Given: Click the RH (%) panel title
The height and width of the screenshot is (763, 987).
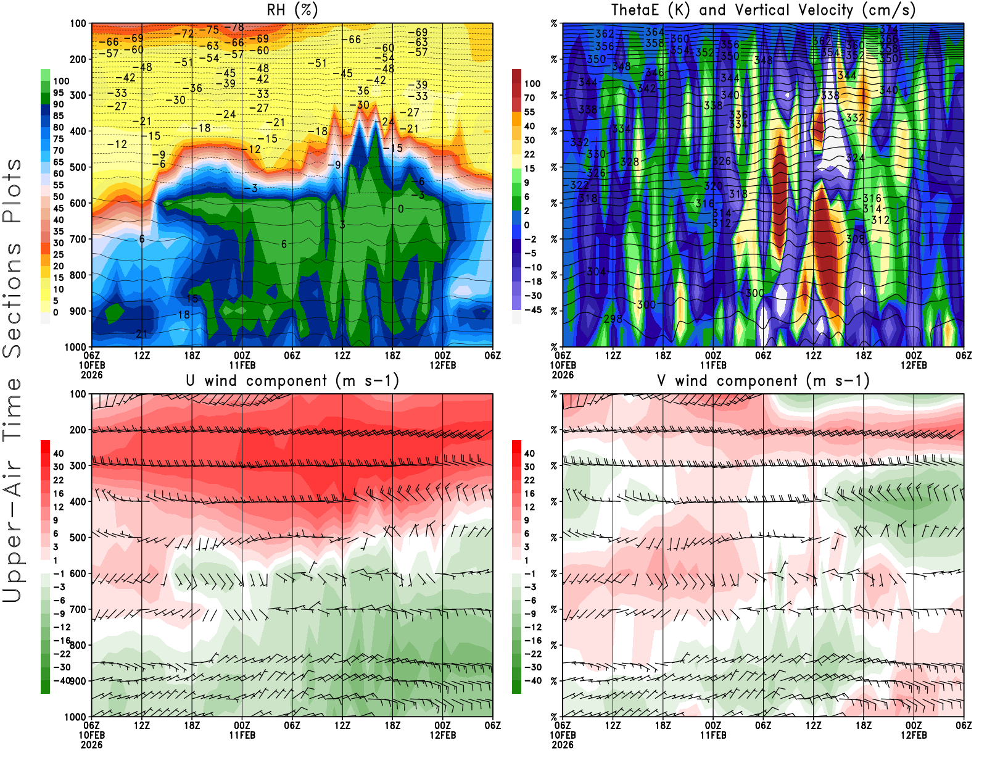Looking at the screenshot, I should pos(292,10).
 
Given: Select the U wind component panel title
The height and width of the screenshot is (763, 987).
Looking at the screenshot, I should pos(292,381).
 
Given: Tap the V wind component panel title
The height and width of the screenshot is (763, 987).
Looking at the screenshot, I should pos(763,381).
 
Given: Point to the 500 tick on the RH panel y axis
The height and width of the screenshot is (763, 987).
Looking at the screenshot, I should pos(78,167).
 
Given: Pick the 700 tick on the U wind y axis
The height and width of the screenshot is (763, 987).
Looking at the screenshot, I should pos(78,609).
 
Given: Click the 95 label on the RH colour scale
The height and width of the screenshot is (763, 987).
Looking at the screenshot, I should pos(59,93).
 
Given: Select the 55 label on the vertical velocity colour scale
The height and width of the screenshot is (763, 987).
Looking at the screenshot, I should pos(529,112).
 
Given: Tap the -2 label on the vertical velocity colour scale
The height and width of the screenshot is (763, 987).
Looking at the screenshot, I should pos(529,239).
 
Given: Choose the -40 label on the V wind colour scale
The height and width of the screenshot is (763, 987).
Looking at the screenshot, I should pos(532,681).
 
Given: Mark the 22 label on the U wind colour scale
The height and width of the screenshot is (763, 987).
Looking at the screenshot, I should pos(59,480).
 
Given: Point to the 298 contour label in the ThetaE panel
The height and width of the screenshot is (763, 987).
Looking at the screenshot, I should pos(613,319).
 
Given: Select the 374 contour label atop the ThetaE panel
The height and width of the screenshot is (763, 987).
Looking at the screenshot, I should pos(888,29).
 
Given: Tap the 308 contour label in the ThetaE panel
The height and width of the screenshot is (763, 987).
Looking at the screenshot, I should pos(855,239).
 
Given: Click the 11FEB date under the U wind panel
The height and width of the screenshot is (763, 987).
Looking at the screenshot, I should pos(242,735).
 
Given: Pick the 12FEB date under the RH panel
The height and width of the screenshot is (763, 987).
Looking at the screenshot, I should pos(443,365).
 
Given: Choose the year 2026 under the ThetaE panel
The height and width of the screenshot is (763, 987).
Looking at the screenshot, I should pos(563,375).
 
